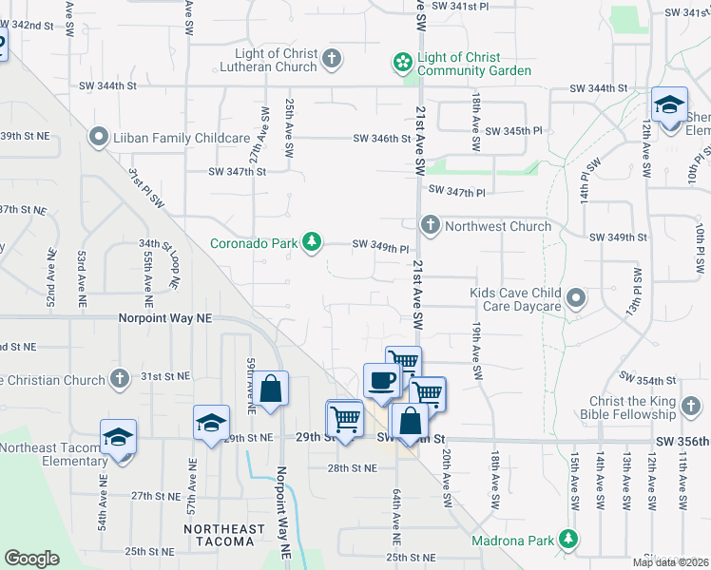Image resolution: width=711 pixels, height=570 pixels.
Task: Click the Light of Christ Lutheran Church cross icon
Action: [332, 60]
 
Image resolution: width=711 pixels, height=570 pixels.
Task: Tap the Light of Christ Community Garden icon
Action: [403, 64]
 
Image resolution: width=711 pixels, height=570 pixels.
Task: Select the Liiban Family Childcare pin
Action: [97, 138]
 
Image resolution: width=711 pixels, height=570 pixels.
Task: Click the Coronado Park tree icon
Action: [311, 243]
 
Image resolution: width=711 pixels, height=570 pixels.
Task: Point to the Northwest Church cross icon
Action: [431, 225]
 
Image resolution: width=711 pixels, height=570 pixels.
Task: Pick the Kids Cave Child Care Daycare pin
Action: [575, 299]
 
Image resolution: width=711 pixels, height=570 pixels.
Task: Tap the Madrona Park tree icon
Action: [568, 541]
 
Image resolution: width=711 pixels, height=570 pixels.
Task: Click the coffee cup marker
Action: [380, 381]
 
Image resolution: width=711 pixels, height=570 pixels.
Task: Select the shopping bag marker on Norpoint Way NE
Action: [271, 389]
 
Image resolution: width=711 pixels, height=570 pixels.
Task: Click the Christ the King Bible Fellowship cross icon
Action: [690, 408]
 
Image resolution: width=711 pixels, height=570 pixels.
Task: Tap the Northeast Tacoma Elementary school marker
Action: [119, 438]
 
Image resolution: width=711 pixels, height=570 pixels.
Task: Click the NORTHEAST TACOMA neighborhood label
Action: [220, 536]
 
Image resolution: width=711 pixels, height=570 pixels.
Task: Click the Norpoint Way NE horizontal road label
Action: [165, 319]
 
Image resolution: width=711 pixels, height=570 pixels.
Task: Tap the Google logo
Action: [31, 559]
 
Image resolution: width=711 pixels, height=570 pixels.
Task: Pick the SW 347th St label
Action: [238, 172]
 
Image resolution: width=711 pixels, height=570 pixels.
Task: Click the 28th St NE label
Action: [353, 467]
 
